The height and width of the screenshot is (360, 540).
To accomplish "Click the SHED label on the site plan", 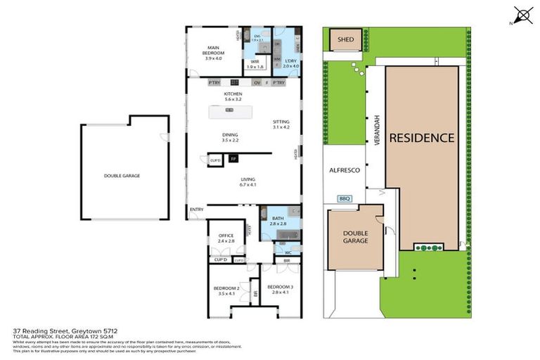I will (345, 40).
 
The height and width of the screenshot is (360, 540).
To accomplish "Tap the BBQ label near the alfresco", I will (345, 198).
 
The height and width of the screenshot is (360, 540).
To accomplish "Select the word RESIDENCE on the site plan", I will (422, 138).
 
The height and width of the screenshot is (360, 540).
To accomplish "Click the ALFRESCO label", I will (345, 170).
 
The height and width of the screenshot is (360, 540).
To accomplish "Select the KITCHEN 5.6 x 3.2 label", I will (233, 97).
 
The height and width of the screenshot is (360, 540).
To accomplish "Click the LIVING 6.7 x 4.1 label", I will (247, 182).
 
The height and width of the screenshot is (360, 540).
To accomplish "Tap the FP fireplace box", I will (233, 160).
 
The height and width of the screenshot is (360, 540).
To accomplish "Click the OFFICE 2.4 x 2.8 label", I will (226, 238).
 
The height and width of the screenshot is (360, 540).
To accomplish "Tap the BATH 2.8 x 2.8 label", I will (278, 221).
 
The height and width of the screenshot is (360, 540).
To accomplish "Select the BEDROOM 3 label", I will (279, 289).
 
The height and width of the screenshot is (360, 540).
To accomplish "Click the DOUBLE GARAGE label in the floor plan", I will (122, 176).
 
